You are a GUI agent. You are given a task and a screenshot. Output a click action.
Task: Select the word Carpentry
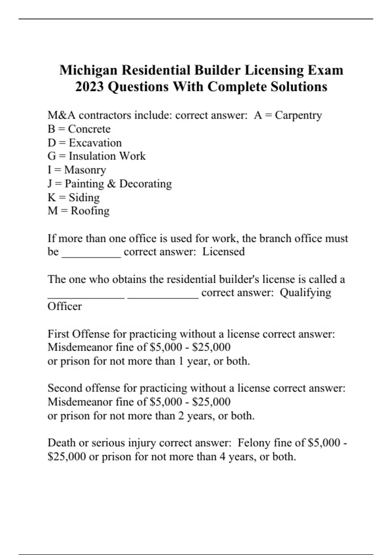(298, 115)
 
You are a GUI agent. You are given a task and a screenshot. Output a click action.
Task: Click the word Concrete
(89, 129)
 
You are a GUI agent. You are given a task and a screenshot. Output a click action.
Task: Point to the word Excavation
(95, 143)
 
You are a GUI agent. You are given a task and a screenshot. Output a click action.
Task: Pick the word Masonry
(85, 170)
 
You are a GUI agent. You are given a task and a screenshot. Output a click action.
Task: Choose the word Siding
(84, 198)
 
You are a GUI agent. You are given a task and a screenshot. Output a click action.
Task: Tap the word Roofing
(90, 211)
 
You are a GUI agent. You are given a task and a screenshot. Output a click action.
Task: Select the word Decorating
(145, 184)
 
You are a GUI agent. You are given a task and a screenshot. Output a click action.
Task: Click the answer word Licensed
(223, 252)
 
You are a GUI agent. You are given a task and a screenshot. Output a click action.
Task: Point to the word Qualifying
(305, 293)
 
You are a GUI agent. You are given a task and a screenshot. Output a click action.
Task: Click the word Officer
(64, 307)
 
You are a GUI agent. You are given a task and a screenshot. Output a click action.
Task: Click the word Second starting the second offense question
(65, 388)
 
